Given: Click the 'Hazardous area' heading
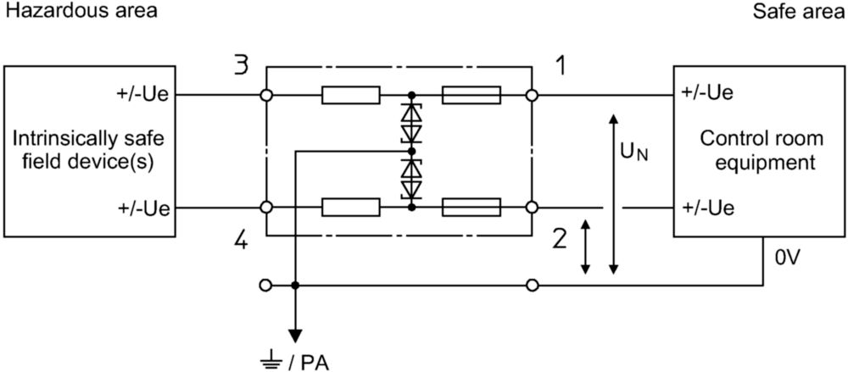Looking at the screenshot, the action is (81, 11).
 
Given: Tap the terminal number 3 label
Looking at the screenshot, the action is (242, 66).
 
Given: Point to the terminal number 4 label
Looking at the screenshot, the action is (241, 240).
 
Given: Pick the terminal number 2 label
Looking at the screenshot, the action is (561, 237).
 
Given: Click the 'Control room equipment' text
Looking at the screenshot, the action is (762, 150).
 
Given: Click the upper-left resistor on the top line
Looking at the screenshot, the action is (350, 96).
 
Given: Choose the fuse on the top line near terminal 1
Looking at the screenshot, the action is (471, 96).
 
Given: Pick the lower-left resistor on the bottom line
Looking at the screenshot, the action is (350, 207).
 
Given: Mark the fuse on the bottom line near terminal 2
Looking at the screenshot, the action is (471, 207).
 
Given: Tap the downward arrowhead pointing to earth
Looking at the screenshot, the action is (295, 336).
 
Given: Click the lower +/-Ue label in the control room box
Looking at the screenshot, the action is (708, 208).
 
